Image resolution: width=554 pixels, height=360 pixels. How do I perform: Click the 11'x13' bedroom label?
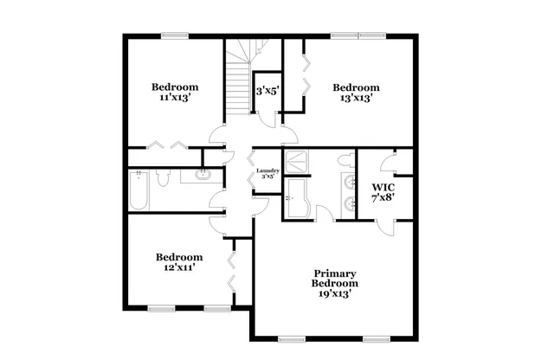(x=175, y=93)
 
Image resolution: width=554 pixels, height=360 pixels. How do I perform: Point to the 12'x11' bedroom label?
(x=179, y=262)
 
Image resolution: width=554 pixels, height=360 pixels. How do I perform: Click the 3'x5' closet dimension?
(x=265, y=90)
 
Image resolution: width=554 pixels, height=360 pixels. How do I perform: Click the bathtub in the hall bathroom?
(x=138, y=190)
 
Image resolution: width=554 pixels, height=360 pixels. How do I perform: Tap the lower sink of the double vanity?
(x=350, y=204)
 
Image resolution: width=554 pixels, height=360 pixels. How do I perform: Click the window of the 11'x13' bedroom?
(x=175, y=35)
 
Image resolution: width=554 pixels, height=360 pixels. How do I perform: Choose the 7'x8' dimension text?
(x=383, y=198)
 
